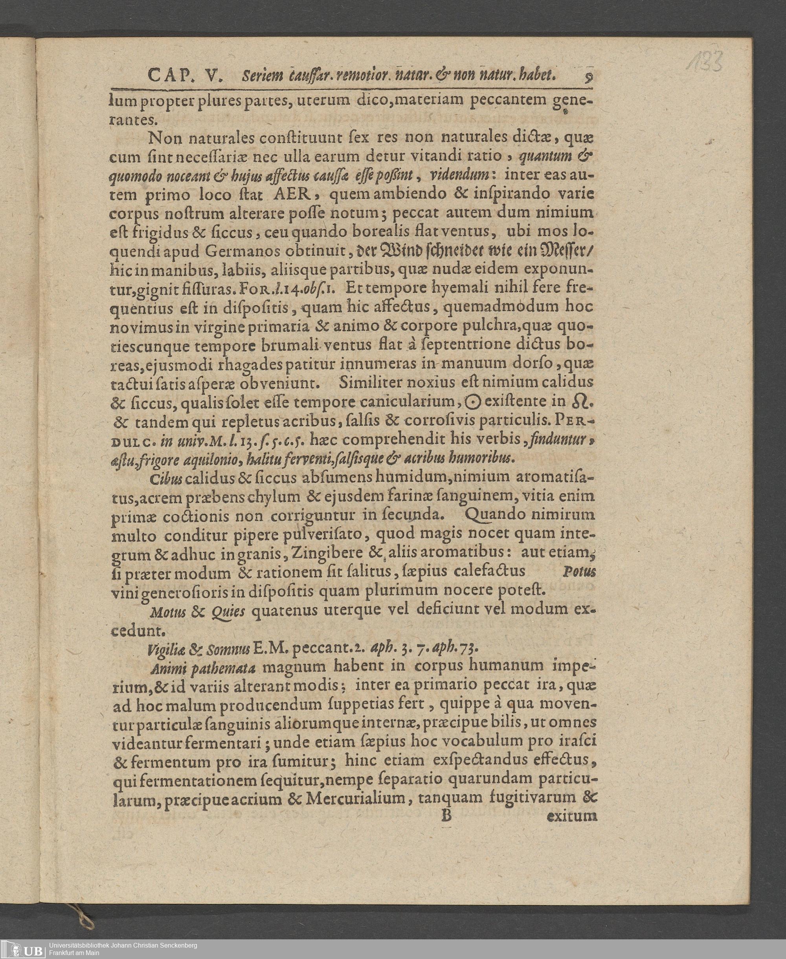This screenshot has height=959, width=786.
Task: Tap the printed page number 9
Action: [x=589, y=77]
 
